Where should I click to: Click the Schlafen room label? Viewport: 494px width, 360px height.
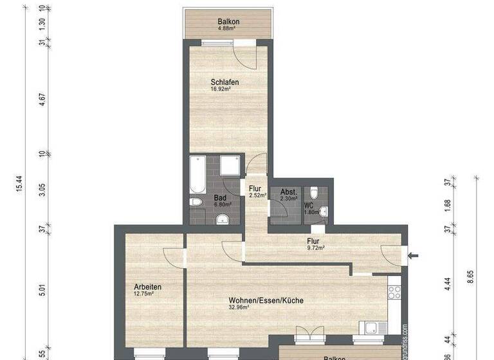pos(225,82)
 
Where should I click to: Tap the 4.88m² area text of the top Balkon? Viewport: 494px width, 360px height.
pos(228,28)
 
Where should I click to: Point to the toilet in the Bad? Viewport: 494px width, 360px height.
pos(197,203)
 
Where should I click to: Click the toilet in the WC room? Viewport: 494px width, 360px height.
pos(313,193)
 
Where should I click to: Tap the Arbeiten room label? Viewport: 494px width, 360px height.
pos(147,287)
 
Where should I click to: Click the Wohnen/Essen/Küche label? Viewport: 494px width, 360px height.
pos(266,300)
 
